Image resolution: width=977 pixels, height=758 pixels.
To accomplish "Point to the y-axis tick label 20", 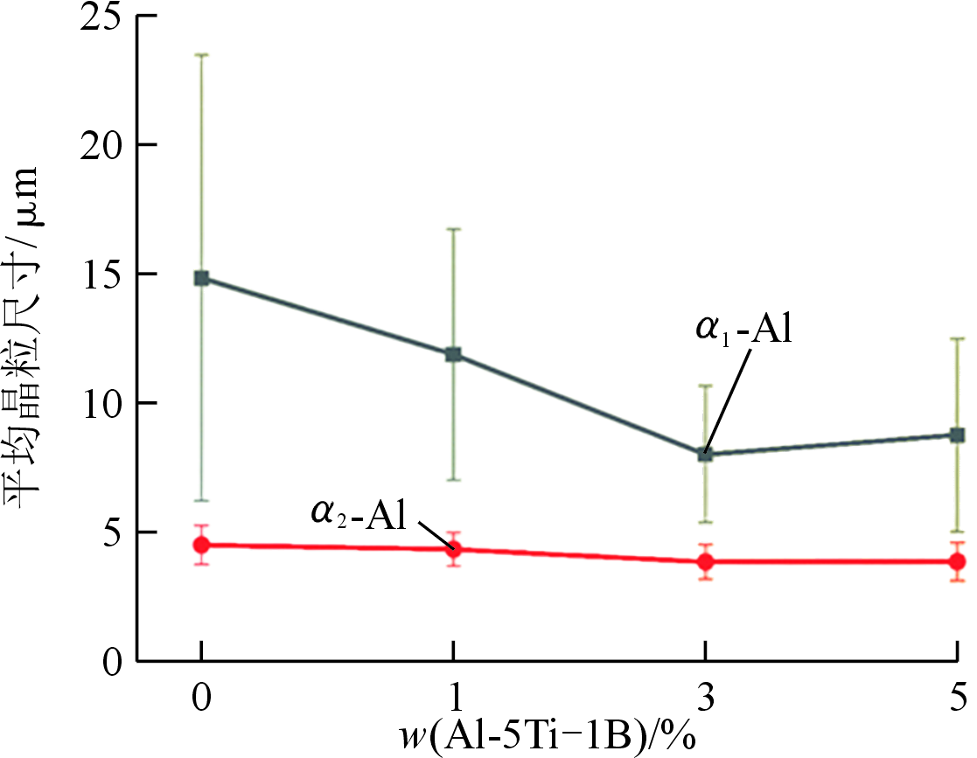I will [x=101, y=145].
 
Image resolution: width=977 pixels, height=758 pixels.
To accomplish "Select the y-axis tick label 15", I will [x=101, y=275].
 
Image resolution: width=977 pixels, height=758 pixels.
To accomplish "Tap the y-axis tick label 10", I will [x=101, y=403].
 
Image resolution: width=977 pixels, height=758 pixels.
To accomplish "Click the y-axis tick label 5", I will [x=112, y=532].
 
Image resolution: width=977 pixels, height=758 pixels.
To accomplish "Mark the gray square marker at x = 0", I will [x=202, y=278].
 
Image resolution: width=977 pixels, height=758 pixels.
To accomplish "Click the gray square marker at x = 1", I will [x=453, y=354].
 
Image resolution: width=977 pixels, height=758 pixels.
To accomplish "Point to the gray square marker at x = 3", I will [x=705, y=455].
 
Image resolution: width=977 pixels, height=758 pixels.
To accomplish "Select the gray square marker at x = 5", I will [x=957, y=435].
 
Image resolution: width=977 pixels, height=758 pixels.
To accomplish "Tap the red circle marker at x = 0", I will [x=202, y=545].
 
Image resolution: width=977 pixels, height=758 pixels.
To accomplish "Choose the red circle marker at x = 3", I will [x=705, y=561].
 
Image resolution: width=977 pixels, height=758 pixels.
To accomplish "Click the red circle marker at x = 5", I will [x=957, y=561].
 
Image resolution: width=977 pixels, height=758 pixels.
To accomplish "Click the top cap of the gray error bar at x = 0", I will [x=202, y=55].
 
